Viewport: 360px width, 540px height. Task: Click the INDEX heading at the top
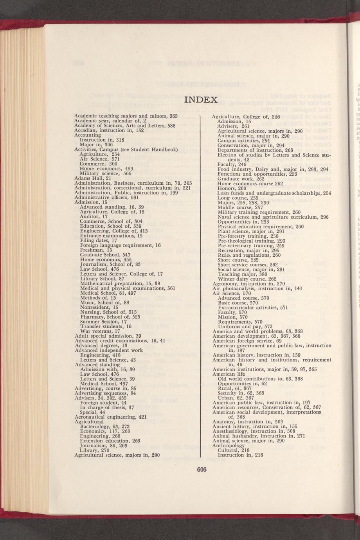[x=201, y=100]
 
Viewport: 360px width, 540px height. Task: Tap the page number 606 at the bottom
[x=201, y=470]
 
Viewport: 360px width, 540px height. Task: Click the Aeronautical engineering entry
[x=110, y=417]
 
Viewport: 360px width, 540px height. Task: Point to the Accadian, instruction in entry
[x=109, y=131]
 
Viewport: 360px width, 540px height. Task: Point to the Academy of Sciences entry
[x=119, y=126]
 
